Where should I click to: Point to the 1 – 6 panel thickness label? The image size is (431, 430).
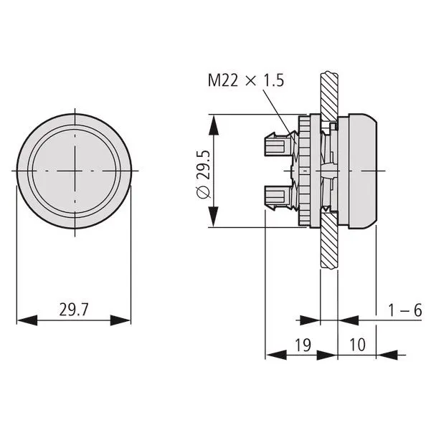coord(405,310)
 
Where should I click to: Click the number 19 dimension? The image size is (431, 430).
coord(302,344)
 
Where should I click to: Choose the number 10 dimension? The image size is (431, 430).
coord(358,344)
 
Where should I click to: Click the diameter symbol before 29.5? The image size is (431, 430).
coord(202,192)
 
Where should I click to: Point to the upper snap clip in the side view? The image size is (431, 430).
coord(277,145)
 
